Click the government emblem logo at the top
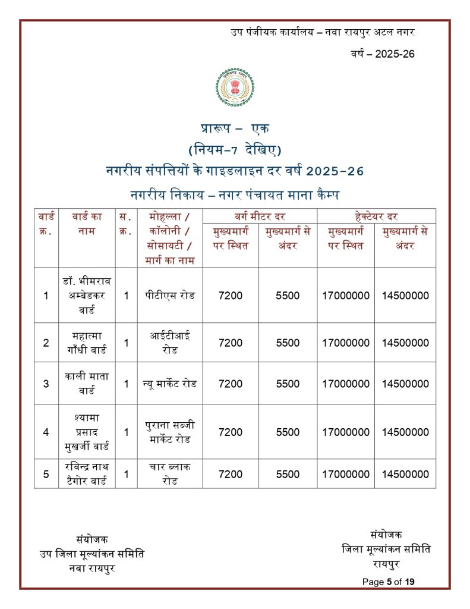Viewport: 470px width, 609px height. pos(235,91)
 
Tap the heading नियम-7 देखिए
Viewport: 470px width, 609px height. pos(235,149)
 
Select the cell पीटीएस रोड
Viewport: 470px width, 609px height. pos(170,295)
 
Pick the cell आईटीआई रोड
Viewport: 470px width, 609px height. pos(170,343)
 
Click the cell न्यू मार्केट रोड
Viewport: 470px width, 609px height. pos(170,384)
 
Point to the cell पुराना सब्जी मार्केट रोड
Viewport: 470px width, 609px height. pos(170,432)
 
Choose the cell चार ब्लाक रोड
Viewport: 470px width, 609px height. pos(170,473)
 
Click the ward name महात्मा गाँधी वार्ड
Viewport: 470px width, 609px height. pos(87,343)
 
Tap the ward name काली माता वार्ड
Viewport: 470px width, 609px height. pos(87,384)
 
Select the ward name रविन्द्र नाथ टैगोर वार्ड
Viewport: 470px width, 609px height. pos(87,473)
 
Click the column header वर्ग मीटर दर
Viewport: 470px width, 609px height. pos(260,216)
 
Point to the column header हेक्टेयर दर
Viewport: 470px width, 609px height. pos(376,216)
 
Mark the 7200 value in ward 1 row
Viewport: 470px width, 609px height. pos(231,296)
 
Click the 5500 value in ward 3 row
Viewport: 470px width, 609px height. pos(288,384)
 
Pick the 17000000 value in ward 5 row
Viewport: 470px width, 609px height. pos(346,474)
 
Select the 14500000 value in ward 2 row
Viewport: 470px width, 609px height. pos(405,343)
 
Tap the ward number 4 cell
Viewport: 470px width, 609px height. pos(46,432)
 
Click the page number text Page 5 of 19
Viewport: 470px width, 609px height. pos(388,582)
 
